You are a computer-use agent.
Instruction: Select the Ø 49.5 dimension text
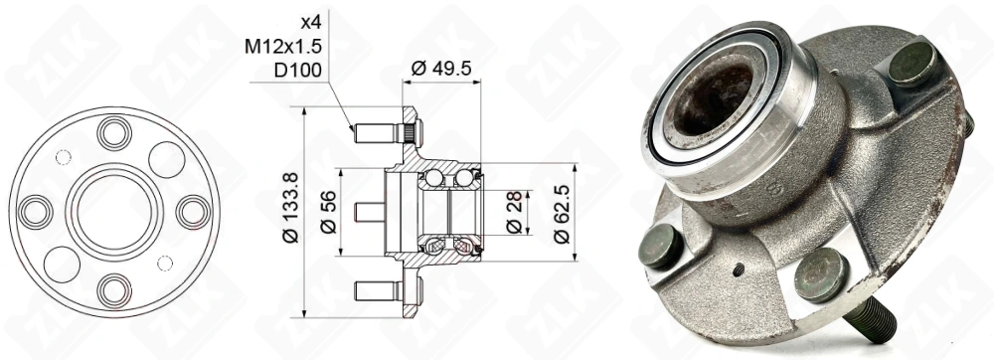tap(441, 68)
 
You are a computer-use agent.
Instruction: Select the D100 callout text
tap(294, 71)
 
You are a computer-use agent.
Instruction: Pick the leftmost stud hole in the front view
tap(36, 211)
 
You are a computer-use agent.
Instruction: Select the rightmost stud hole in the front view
tap(191, 211)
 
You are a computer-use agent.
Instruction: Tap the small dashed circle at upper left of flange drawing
tap(63, 156)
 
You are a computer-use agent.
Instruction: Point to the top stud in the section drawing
tap(378, 131)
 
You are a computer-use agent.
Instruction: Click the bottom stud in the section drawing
tap(378, 291)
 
